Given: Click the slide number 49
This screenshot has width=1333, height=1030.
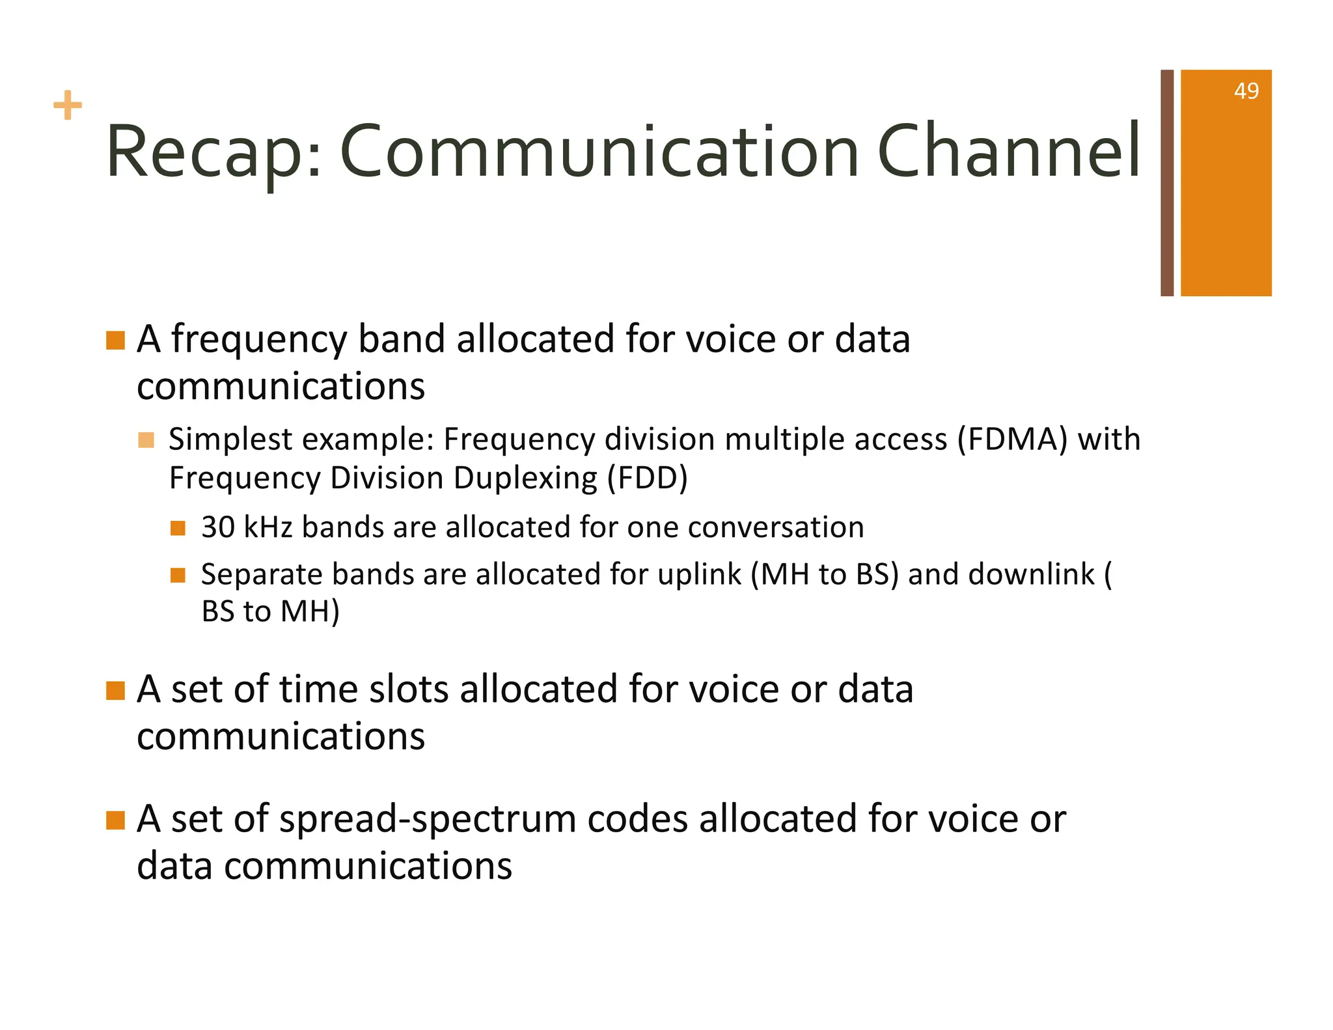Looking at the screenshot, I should click(x=1246, y=91).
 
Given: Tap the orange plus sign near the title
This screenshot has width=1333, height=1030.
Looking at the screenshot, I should click(x=68, y=105).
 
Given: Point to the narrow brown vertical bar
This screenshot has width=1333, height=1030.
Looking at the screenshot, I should click(x=1167, y=183).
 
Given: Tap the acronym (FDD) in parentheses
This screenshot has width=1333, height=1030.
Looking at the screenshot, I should click(x=647, y=479).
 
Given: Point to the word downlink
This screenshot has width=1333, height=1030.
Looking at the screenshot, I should click(x=1031, y=575).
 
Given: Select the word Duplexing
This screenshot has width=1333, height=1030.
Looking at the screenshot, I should click(x=525, y=479).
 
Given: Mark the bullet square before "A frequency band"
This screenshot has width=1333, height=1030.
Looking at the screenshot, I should click(x=115, y=341).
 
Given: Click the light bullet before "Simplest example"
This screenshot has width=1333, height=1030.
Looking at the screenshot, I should click(x=146, y=441).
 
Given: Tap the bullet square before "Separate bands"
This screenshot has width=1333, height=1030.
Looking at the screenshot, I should click(x=178, y=576).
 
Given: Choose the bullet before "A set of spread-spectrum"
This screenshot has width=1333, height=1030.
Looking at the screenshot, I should click(x=115, y=820).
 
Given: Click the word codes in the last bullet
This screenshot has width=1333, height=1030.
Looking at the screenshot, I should click(x=637, y=819).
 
